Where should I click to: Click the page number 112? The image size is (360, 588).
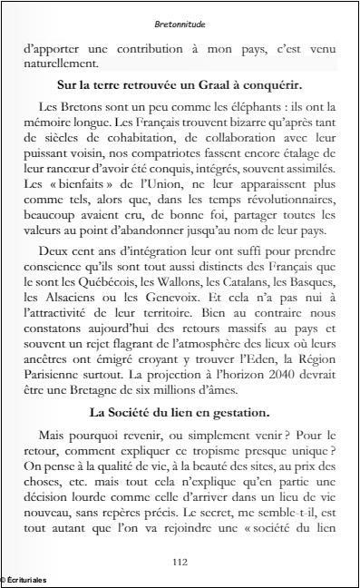coord(180,562)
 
